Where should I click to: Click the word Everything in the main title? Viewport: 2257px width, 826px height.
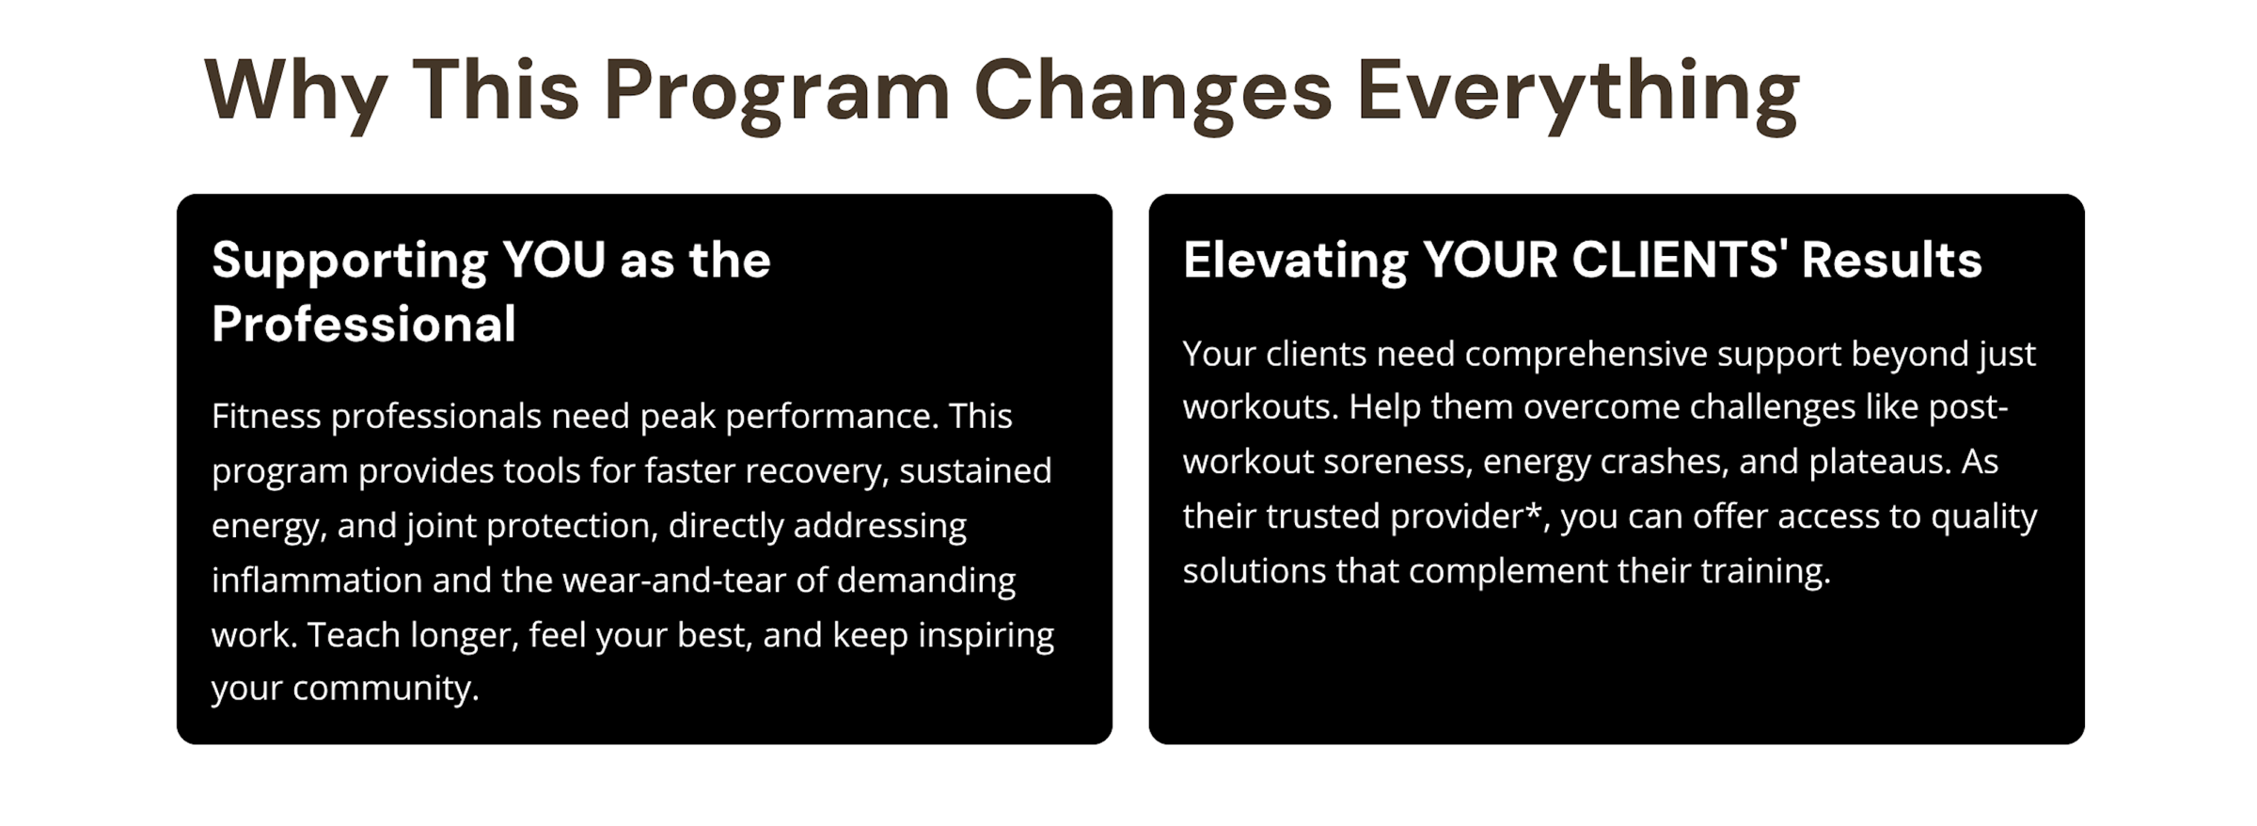(1578, 92)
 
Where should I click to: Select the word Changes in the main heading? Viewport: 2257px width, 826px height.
(1153, 92)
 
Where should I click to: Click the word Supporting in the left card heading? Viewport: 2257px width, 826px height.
(350, 262)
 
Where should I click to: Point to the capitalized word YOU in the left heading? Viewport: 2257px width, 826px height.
(554, 260)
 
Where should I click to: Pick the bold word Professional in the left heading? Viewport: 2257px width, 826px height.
(364, 325)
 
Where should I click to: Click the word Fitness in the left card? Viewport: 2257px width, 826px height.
(266, 416)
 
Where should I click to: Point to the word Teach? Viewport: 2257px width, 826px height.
(353, 635)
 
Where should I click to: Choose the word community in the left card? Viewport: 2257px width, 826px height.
(386, 689)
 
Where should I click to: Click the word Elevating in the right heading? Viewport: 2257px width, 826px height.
(1295, 262)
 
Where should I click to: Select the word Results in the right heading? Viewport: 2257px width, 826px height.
(1891, 260)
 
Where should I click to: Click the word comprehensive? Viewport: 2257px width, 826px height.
(1586, 355)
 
